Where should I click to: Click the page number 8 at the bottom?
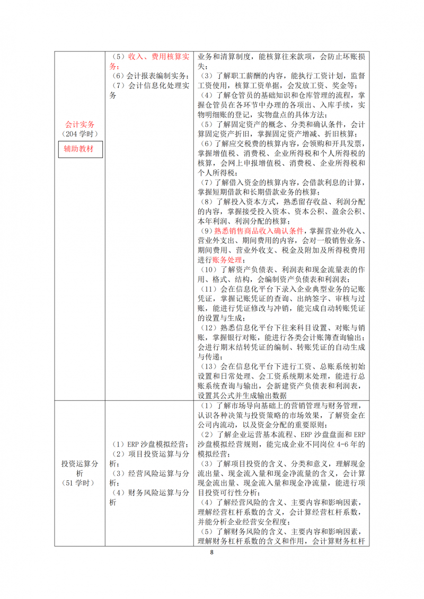coord(211,553)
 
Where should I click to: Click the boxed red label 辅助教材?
coord(80,149)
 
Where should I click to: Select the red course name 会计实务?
coord(80,124)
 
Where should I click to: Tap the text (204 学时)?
coord(80,134)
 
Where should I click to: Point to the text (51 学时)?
coord(80,482)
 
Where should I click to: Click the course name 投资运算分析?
coord(80,468)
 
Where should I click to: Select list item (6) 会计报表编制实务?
coord(149,76)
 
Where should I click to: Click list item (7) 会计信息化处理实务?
coord(149,90)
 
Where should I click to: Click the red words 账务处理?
coord(227,260)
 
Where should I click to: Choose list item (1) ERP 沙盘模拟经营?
coord(149,444)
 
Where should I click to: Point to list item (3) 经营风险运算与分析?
coord(149,478)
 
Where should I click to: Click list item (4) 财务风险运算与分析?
coord(149,497)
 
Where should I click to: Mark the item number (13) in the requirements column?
coord(208,365)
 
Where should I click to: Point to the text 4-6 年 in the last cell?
coord(340,444)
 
